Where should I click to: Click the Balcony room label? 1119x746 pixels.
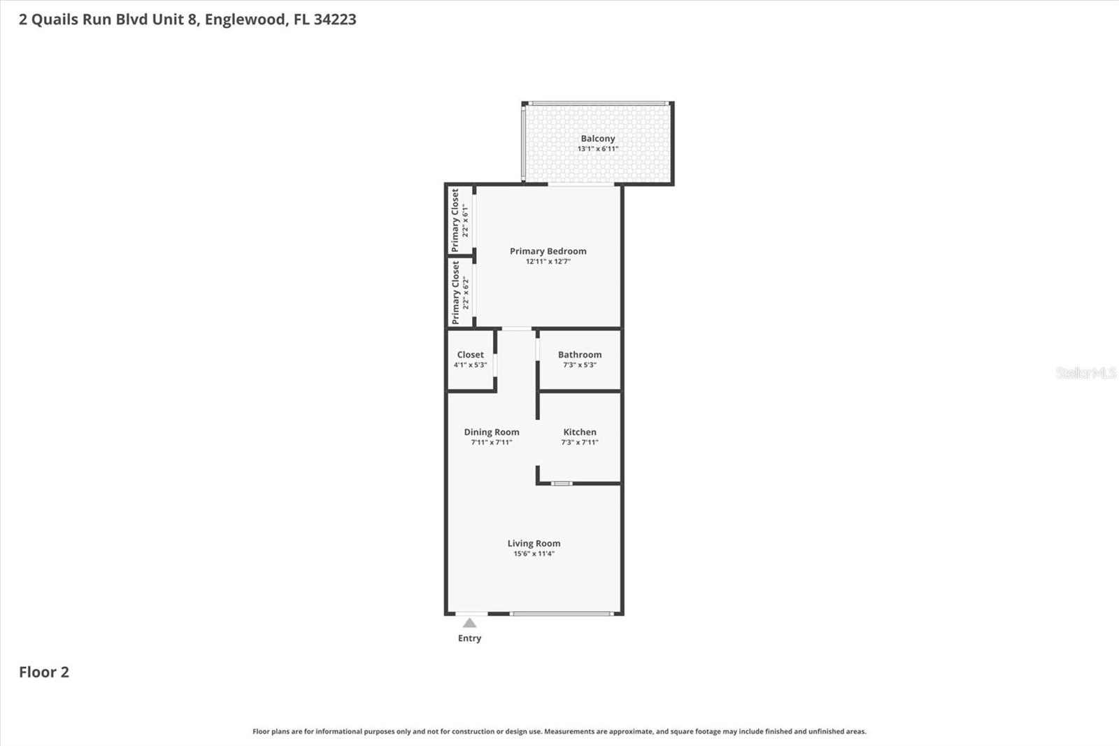tap(597, 139)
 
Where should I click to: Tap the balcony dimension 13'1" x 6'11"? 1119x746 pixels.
tap(597, 149)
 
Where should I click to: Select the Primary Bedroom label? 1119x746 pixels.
tap(548, 251)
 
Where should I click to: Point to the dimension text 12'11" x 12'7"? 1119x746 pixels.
tap(548, 262)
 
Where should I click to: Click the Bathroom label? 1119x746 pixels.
tap(579, 355)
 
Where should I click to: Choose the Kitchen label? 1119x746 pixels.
tap(579, 432)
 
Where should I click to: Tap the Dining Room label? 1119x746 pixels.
tap(491, 432)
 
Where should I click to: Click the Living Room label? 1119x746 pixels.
tap(534, 543)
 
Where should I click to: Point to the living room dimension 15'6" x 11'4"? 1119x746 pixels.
tap(534, 554)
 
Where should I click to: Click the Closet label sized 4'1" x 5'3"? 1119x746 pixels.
tap(470, 355)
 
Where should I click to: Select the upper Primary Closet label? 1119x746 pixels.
tap(455, 220)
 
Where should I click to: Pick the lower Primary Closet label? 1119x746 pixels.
tap(455, 293)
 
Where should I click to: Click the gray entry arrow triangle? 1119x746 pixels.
tap(469, 623)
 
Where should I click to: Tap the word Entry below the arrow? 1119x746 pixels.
tap(469, 638)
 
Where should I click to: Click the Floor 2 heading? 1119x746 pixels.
tap(43, 672)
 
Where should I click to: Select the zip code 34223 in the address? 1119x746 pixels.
tap(334, 19)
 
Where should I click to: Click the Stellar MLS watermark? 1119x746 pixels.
tap(1085, 373)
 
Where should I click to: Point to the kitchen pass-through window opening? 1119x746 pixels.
tap(561, 483)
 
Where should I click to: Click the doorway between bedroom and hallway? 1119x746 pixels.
tap(516, 328)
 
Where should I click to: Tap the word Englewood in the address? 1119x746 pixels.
tap(245, 19)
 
